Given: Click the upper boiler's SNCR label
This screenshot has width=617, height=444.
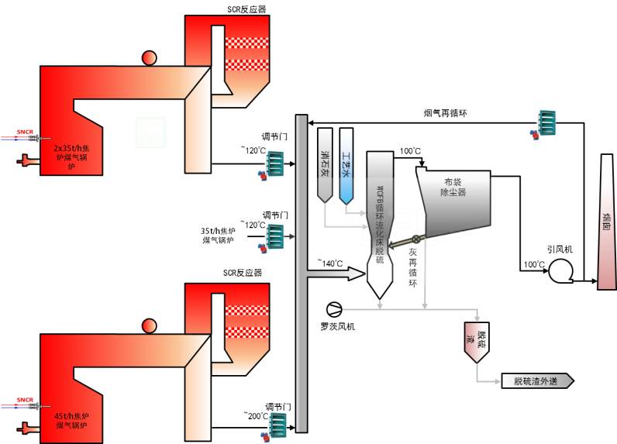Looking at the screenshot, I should coord(25,132).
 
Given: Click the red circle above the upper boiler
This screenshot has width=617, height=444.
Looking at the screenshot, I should coord(149,57).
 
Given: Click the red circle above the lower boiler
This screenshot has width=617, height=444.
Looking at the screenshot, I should coord(149,325).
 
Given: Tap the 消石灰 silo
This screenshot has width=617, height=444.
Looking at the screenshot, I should coord(325,166).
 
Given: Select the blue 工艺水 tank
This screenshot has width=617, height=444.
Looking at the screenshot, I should coord(346,166).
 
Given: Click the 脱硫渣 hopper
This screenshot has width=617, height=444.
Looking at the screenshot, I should coord(474,341).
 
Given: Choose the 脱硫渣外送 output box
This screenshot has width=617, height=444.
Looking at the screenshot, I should coord(536,380).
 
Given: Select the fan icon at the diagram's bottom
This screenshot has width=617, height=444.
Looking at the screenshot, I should coord(276,425).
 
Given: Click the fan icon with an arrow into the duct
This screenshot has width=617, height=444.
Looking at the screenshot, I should coord(274,236).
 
